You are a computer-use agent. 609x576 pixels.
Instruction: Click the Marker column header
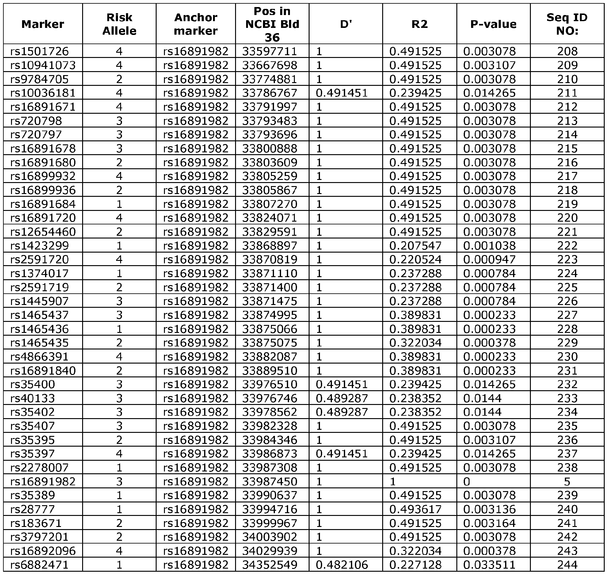point(43,24)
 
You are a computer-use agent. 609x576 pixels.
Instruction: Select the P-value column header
point(493,24)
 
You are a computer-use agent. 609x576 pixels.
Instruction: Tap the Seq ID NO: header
point(567,24)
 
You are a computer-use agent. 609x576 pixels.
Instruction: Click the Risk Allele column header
point(119,24)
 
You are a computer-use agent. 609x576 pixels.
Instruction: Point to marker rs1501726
point(40,51)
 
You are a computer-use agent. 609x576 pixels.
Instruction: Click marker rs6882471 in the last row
point(40,565)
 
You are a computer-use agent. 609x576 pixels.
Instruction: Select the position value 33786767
point(269,93)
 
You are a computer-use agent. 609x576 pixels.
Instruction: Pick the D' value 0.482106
point(342,565)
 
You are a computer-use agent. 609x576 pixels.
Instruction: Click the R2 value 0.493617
point(415,509)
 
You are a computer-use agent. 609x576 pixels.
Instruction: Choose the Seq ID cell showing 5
point(567,482)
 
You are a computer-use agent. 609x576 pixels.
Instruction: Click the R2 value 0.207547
point(415,246)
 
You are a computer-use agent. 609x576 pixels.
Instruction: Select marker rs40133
point(32,398)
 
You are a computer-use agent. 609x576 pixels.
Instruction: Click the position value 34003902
point(269,537)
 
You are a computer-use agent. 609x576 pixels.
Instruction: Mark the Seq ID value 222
point(567,246)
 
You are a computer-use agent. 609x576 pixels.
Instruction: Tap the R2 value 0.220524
point(415,259)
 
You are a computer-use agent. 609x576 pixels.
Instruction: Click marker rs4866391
point(40,357)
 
